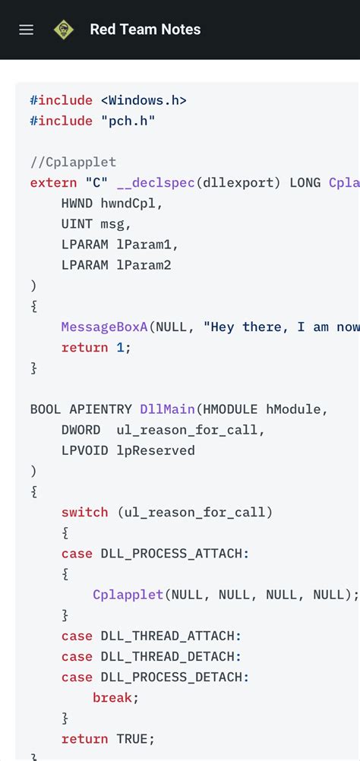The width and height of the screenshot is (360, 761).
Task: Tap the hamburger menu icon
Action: point(27,30)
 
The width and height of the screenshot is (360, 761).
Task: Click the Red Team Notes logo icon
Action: point(64,30)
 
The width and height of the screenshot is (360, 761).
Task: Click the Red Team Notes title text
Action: point(145,30)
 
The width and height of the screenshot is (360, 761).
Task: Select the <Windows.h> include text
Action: point(144,100)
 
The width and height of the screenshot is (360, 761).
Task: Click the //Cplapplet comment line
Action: point(73,162)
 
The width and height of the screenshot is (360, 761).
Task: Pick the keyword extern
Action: point(53,182)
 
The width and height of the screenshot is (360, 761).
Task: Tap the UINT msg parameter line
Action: point(96,224)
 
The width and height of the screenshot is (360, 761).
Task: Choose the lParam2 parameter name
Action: point(144,265)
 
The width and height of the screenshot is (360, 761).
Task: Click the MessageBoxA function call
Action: point(104,327)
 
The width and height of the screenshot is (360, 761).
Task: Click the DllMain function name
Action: point(166,409)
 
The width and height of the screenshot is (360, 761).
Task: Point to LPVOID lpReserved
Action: point(128,450)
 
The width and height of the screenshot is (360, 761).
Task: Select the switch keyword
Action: point(84,512)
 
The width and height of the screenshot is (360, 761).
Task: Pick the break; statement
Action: point(115,696)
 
